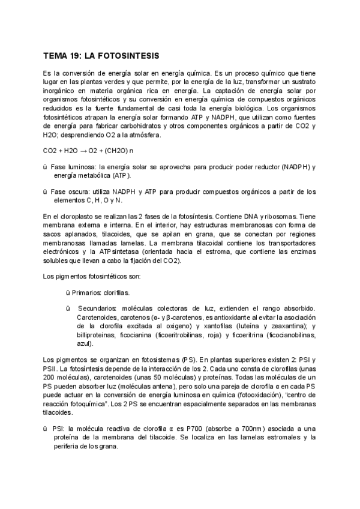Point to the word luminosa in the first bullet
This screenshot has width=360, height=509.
pos(82,166)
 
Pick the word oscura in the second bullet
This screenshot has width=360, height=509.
pos(82,191)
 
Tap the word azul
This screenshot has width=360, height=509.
pos(85,344)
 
